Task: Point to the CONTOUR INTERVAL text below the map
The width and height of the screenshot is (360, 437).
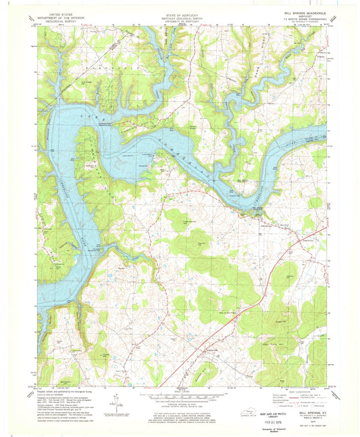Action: pos(180,404)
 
